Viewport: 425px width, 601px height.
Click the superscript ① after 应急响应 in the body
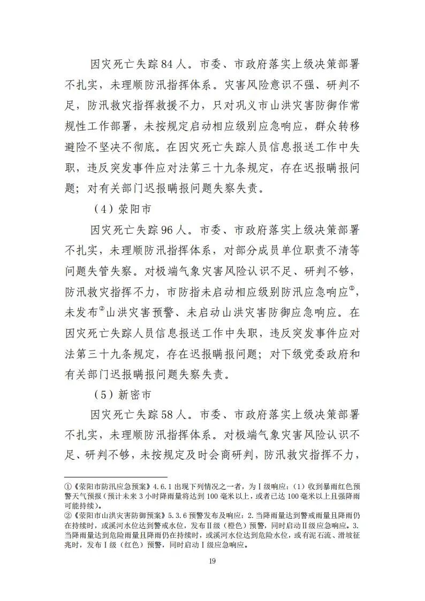coord(352,289)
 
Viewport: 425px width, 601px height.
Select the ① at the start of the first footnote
coord(67,487)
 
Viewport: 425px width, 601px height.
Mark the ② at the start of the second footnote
coord(67,515)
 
